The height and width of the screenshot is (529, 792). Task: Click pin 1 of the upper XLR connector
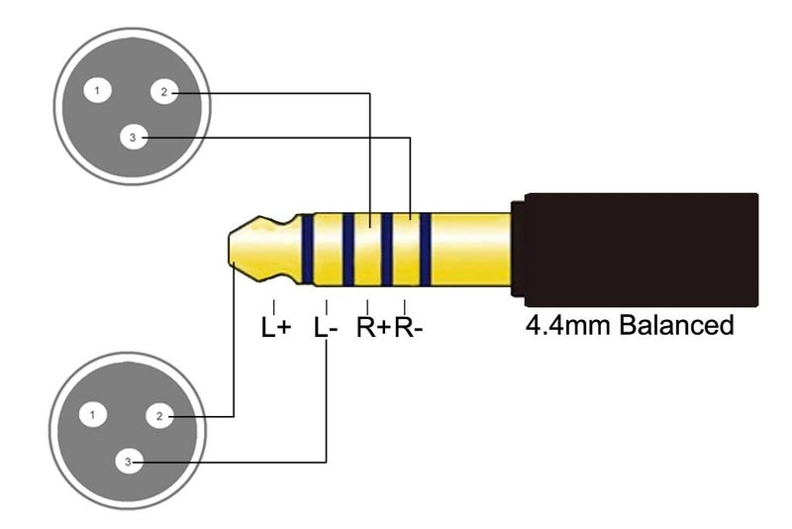97,91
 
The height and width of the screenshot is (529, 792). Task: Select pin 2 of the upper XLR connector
164,92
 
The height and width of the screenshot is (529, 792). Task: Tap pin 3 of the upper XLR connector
134,137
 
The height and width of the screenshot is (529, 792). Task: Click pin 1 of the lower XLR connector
93,415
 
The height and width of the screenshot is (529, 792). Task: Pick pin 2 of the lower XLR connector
159,416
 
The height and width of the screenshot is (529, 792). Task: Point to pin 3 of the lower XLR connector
129,462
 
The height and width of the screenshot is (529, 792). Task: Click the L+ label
276,327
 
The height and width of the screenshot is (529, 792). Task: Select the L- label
326,327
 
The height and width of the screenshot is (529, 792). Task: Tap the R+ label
374,327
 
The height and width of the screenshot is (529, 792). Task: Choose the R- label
408,327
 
